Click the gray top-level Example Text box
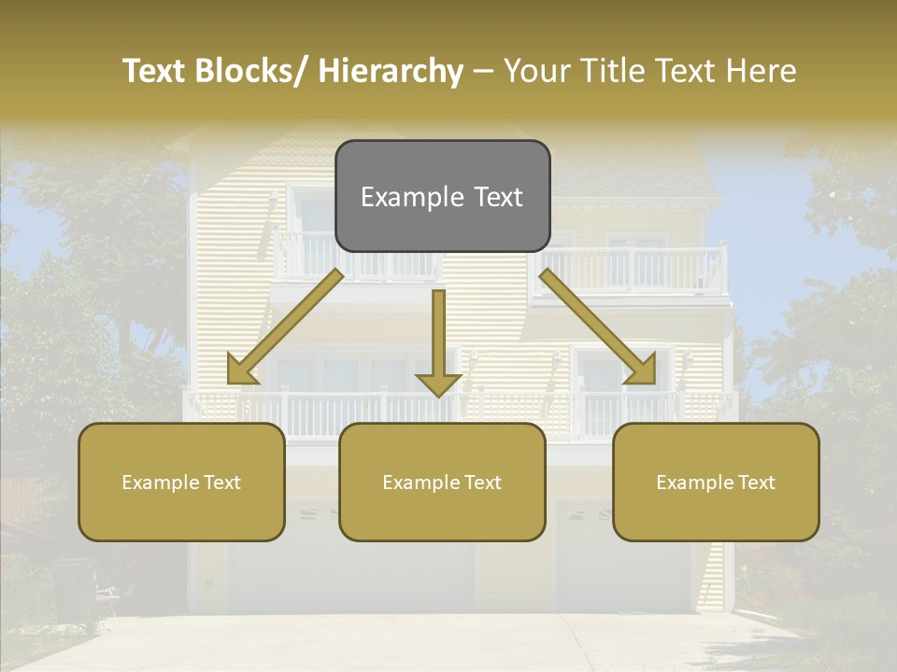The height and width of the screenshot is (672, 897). [442, 196]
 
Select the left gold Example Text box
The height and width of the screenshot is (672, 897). [181, 482]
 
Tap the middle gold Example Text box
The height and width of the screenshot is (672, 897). [442, 482]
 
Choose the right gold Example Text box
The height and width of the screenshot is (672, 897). [716, 482]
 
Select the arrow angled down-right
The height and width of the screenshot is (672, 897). [598, 327]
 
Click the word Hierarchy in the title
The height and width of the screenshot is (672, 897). [391, 71]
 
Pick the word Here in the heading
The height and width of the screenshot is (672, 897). [762, 71]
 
